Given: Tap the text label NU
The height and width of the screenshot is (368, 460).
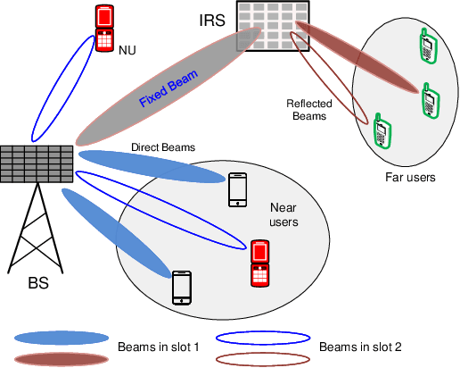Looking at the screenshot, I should pos(128,51).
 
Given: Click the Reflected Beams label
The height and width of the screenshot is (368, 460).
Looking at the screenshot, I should pos(308,110).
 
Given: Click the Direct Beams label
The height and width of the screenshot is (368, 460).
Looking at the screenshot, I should pos(162,146).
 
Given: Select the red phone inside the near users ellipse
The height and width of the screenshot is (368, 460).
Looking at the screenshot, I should pos(259,263).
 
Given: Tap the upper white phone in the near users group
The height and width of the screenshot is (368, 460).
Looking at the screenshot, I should pos(237,189).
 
